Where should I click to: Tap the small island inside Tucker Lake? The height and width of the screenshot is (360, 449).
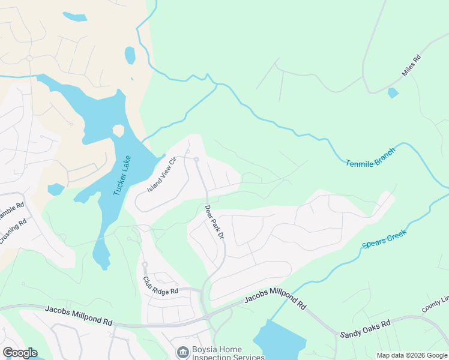point(118,131)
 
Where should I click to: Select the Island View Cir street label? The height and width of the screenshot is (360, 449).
point(161,174)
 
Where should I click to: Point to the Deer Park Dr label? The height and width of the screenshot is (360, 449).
point(214,223)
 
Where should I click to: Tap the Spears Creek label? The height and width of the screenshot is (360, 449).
point(384,238)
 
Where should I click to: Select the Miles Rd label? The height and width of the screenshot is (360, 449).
point(412,67)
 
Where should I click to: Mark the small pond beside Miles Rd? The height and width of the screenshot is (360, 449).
point(393,93)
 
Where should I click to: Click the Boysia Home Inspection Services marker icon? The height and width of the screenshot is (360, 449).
point(181,351)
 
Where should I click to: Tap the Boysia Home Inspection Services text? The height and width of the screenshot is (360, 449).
point(228,353)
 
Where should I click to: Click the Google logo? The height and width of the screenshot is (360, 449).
point(19,353)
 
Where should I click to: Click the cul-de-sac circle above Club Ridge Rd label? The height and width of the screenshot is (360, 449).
point(145,264)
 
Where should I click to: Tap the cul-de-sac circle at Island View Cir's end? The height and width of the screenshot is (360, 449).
point(196,159)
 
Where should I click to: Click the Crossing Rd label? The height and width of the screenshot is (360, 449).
point(13,230)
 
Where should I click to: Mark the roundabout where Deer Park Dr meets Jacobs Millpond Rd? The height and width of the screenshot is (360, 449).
point(207,316)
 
